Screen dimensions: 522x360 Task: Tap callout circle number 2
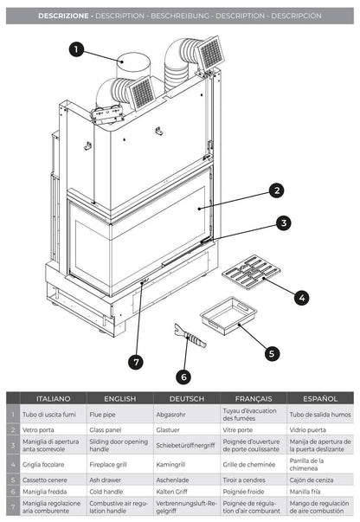[x=276, y=190]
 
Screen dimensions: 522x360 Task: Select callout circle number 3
[x=283, y=222]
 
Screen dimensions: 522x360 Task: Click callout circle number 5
[x=272, y=352]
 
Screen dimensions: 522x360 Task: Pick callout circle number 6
[x=183, y=376]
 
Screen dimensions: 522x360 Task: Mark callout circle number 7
[x=135, y=360]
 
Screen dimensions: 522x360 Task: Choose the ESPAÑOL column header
[x=318, y=399]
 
